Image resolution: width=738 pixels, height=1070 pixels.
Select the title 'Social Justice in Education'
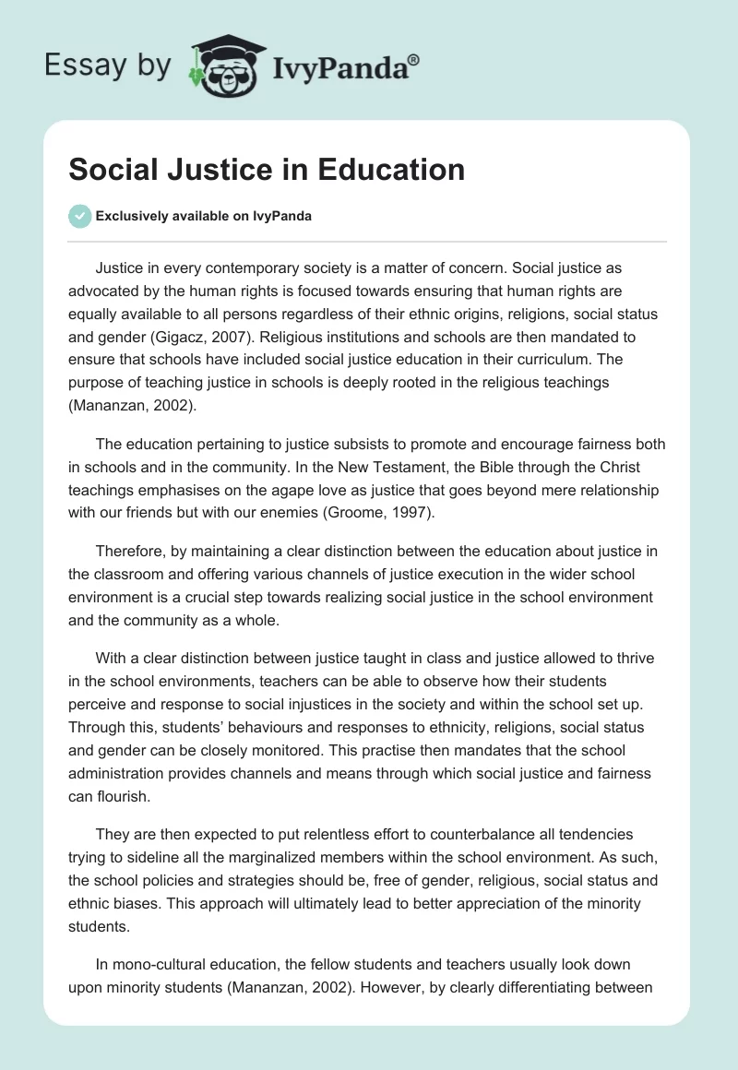pos(268,171)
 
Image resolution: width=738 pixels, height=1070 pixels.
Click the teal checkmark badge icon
pos(79,216)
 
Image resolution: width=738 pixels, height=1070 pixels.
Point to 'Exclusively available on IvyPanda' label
pos(204,217)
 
